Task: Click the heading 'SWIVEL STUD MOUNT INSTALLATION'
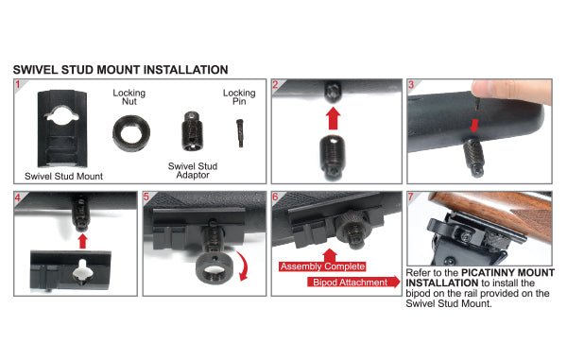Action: [x=120, y=70]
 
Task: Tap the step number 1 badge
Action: [x=19, y=85]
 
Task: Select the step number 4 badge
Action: [x=19, y=198]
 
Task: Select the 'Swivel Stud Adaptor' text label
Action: [x=193, y=170]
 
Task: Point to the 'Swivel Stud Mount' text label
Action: [x=63, y=176]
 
